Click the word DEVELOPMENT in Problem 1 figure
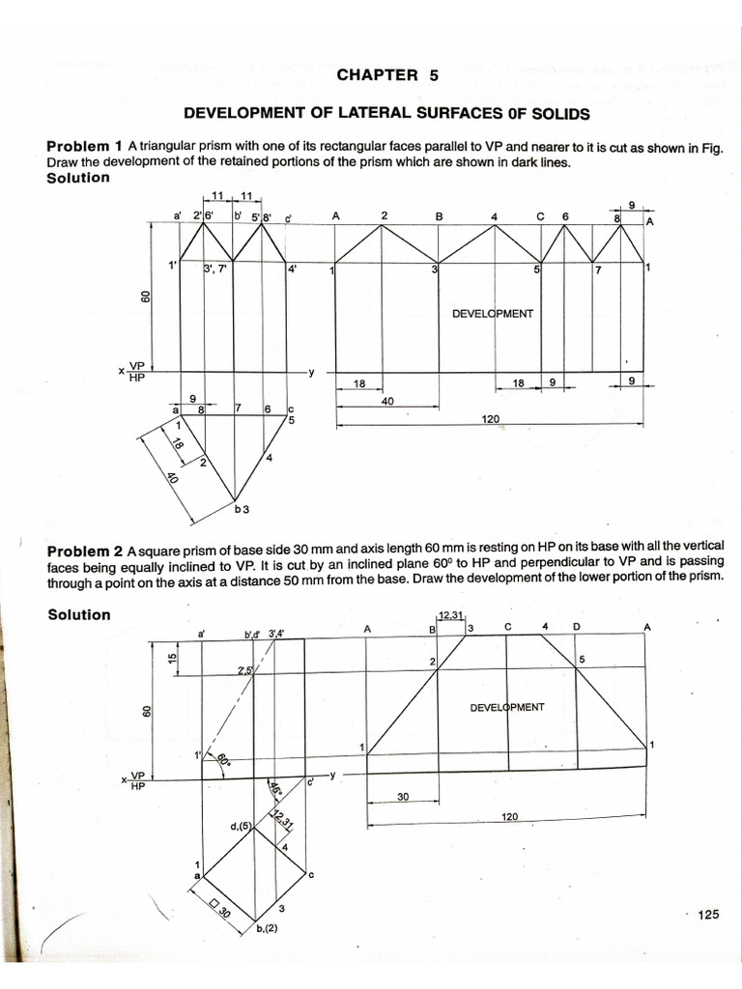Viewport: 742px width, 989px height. pyautogui.click(x=493, y=314)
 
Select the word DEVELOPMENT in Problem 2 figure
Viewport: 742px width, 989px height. pyautogui.click(x=507, y=707)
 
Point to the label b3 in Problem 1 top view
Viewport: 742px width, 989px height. pyautogui.click(x=243, y=506)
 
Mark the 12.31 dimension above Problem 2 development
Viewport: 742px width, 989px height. pyautogui.click(x=451, y=615)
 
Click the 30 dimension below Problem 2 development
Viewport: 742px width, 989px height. pyautogui.click(x=404, y=797)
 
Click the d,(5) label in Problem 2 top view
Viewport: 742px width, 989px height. pyautogui.click(x=241, y=826)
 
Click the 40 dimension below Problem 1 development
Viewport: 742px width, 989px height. pyautogui.click(x=387, y=401)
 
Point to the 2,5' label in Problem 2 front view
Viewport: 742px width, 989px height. pyautogui.click(x=244, y=668)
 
